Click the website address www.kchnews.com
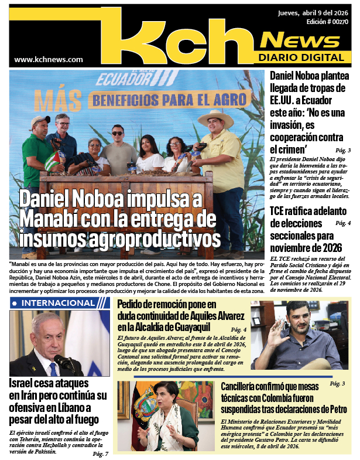coord(49,59)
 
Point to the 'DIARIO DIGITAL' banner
coord(300,57)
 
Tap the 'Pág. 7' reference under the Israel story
coord(100,454)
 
